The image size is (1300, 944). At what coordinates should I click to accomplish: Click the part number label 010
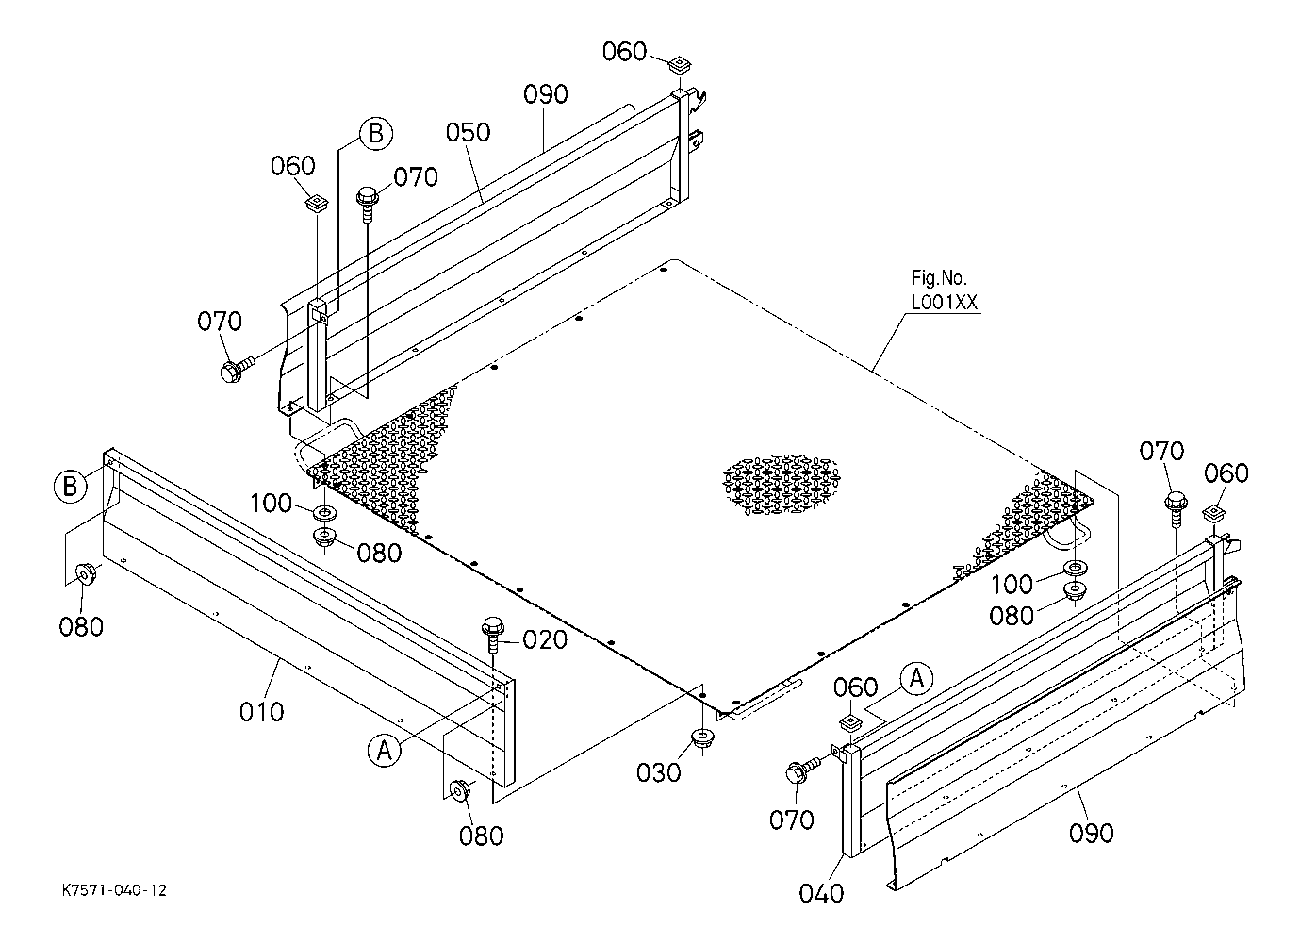tap(261, 711)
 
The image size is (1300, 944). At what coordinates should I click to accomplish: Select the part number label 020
tap(544, 640)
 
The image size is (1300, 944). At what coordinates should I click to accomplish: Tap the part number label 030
tap(657, 772)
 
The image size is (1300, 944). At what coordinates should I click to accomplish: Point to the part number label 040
tap(821, 892)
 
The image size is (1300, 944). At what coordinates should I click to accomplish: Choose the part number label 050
tap(469, 131)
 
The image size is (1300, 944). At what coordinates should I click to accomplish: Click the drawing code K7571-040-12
tap(114, 890)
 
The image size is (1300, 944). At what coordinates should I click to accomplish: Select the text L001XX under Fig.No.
tap(943, 302)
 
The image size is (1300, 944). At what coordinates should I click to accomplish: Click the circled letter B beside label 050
tap(375, 134)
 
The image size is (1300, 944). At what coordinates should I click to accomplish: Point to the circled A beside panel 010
tap(383, 750)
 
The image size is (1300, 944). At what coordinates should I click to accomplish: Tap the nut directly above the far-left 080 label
tap(85, 573)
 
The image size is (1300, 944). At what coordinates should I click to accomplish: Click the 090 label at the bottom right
tap(1092, 833)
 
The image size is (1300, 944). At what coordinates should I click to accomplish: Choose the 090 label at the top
tap(546, 94)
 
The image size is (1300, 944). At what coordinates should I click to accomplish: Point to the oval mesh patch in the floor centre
tap(778, 486)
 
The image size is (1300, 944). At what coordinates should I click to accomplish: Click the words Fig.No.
tap(939, 278)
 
